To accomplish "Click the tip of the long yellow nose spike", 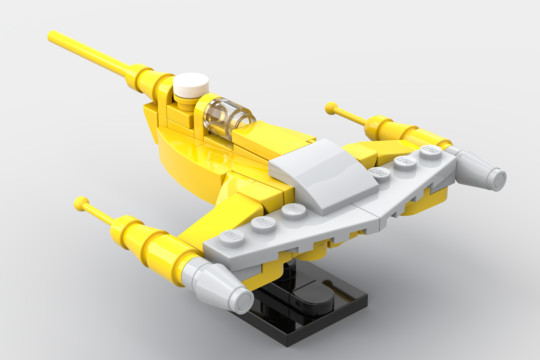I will (52, 35).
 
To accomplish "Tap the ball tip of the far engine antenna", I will (331, 107).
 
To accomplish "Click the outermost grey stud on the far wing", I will (430, 151).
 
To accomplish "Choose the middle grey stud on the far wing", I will (405, 162).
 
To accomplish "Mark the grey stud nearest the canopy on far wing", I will (380, 173).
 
